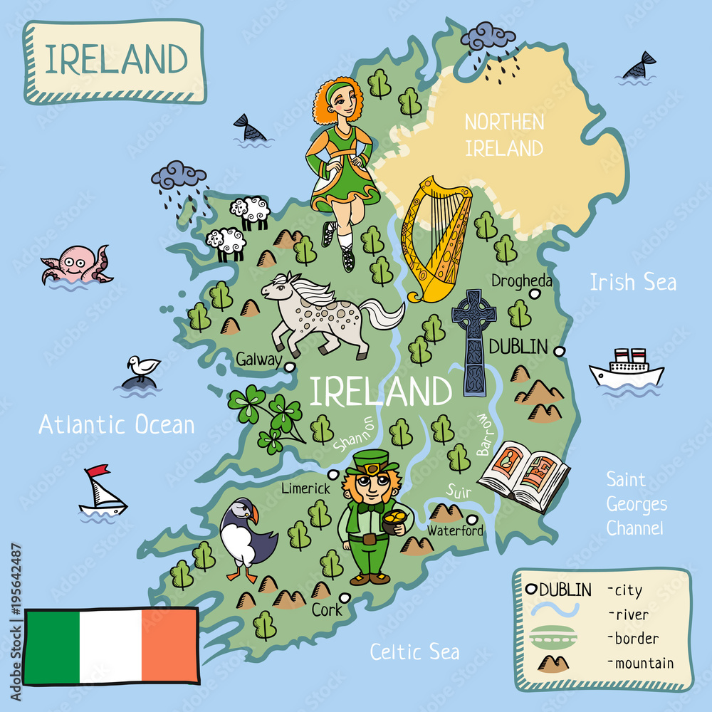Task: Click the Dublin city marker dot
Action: [560, 350]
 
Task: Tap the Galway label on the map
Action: [258, 360]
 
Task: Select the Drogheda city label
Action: [521, 281]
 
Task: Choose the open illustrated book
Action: [523, 473]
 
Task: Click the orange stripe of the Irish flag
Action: [169, 645]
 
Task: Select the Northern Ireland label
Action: [504, 135]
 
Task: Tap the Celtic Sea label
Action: [415, 651]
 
